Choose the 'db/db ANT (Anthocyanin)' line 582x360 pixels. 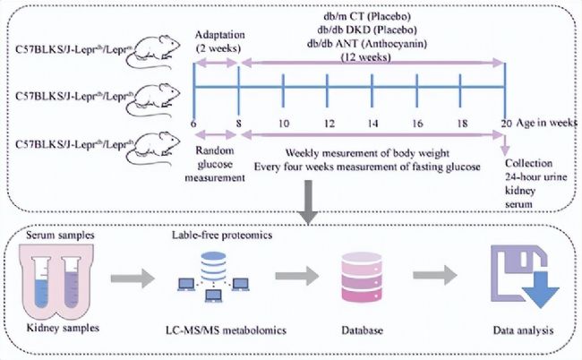[372, 43]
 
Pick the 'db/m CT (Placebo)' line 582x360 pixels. [372, 16]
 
